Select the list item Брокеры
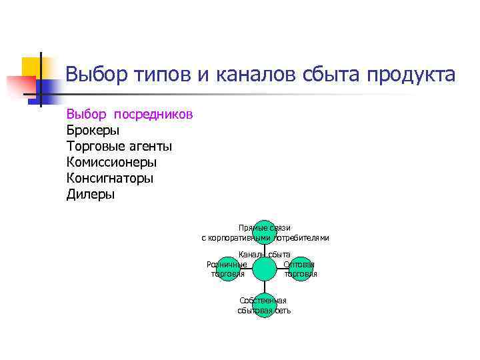point(93,130)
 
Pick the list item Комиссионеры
point(112,162)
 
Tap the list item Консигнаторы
point(110,179)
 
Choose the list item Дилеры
point(91,195)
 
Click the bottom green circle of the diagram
point(265,305)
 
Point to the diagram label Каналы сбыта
point(265,254)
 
